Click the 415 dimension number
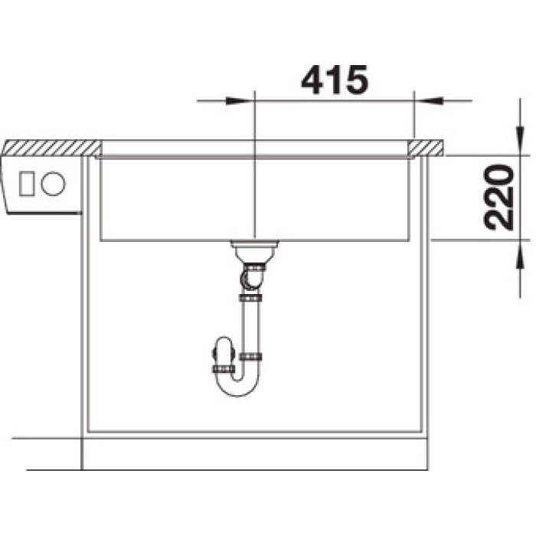[335, 80]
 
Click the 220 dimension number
[499, 198]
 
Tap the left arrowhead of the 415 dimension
[240, 101]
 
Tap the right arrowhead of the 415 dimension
[428, 101]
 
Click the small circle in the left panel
[53, 184]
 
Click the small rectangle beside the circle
[27, 184]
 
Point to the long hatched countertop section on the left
[51, 148]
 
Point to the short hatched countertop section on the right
[425, 148]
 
